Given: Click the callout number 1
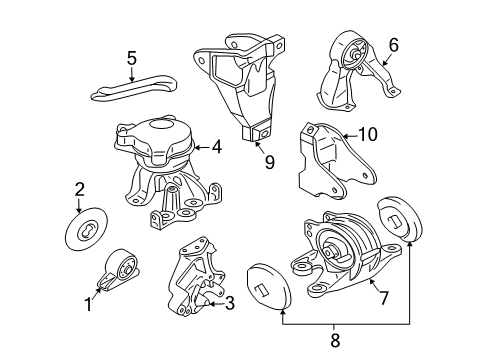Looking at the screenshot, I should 89,304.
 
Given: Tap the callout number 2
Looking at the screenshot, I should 79,187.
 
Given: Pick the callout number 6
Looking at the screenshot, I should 393,44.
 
